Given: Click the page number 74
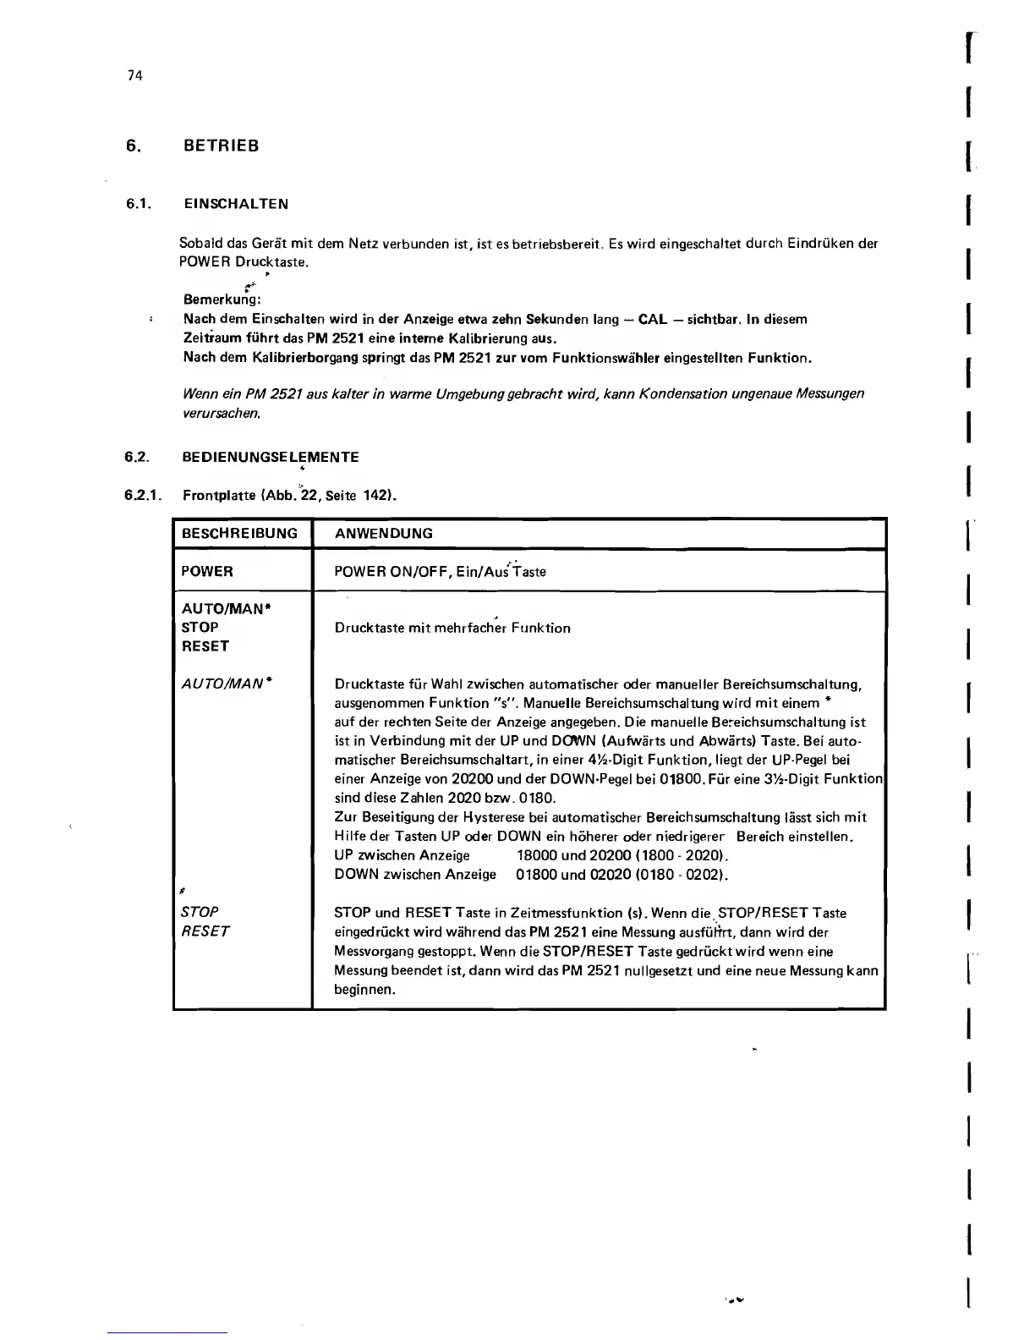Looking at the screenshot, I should (134, 75).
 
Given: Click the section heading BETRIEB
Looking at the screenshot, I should (221, 146).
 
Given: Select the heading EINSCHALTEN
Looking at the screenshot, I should (236, 204).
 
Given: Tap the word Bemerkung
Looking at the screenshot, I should (222, 299).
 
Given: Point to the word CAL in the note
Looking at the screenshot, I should (653, 319).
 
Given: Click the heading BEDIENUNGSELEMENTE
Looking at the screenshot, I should (271, 457).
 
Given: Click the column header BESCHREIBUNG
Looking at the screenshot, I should (239, 534).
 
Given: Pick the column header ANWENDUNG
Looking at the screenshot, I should (383, 534).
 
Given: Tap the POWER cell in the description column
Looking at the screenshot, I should (207, 571).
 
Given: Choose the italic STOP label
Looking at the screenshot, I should (200, 912).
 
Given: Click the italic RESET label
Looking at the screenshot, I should (205, 931).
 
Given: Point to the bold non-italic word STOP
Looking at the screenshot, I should (200, 628).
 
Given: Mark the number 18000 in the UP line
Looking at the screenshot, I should (536, 855).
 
